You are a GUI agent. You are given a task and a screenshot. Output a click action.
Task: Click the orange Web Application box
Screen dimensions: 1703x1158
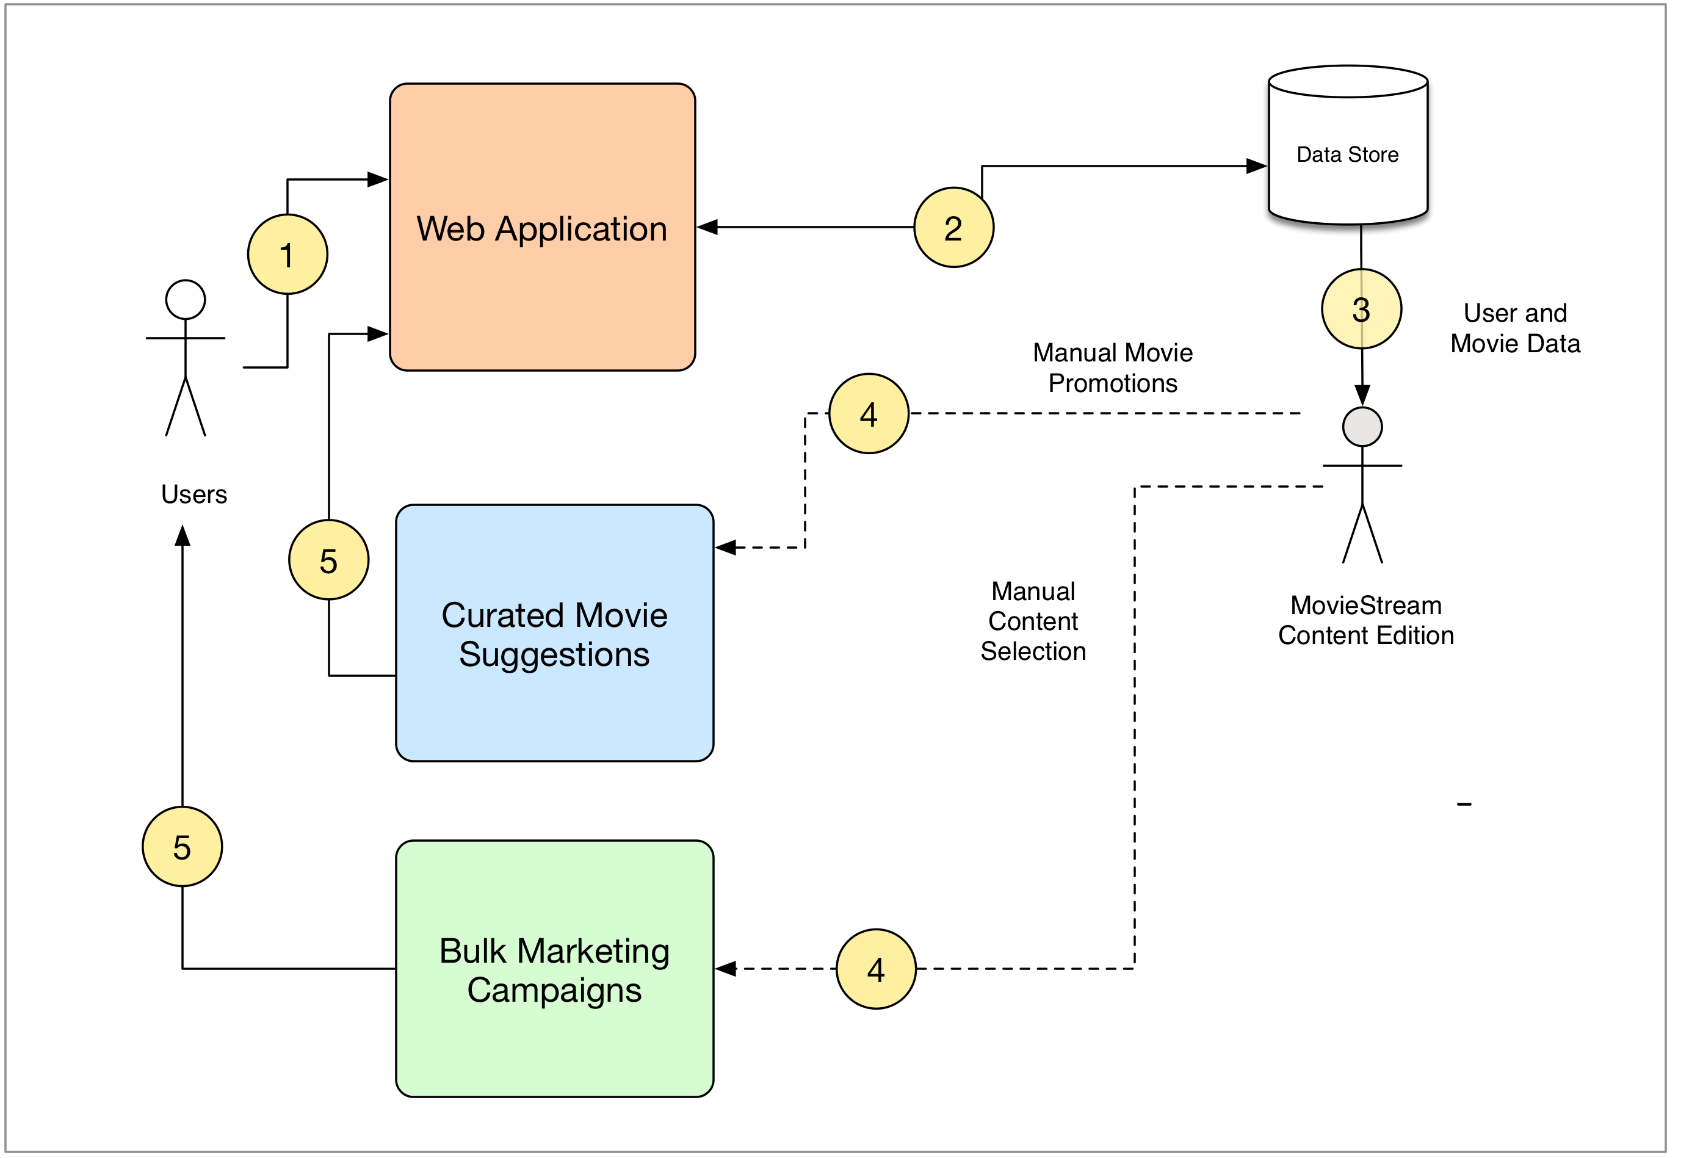[542, 227]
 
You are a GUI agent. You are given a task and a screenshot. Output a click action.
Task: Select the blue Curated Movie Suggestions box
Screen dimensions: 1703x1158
[555, 633]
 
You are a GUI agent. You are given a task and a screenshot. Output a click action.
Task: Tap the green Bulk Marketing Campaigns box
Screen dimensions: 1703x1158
[555, 969]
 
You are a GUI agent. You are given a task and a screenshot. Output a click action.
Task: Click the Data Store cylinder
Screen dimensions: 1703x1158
[1348, 145]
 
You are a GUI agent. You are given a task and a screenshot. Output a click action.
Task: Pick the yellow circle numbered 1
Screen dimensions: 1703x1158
[287, 255]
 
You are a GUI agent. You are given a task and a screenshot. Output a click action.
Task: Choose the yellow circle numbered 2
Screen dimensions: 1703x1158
[954, 227]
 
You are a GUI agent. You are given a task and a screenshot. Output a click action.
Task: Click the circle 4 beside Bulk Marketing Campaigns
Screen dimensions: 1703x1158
[877, 969]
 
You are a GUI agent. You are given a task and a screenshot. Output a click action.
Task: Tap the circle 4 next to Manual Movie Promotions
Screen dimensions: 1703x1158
[869, 414]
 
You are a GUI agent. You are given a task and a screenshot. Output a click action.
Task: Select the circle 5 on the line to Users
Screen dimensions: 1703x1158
[183, 847]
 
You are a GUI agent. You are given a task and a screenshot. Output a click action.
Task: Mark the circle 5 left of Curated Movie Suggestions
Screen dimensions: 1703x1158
[329, 560]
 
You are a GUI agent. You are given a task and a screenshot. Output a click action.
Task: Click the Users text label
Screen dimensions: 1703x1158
[194, 494]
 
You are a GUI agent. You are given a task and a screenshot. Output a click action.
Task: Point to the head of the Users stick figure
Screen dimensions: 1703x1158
[186, 300]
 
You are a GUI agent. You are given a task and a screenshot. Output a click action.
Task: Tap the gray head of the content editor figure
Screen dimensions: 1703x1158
[1362, 427]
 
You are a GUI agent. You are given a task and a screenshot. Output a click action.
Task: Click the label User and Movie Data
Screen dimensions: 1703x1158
[1516, 328]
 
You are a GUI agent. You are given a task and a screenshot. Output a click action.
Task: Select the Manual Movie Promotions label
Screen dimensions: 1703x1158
[1113, 368]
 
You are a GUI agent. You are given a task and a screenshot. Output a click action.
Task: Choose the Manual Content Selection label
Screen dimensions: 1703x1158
[1033, 621]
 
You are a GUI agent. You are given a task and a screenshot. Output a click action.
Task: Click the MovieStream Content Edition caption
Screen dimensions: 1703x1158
[1366, 620]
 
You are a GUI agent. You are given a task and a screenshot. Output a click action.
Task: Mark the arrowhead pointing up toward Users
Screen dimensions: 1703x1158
[183, 536]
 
